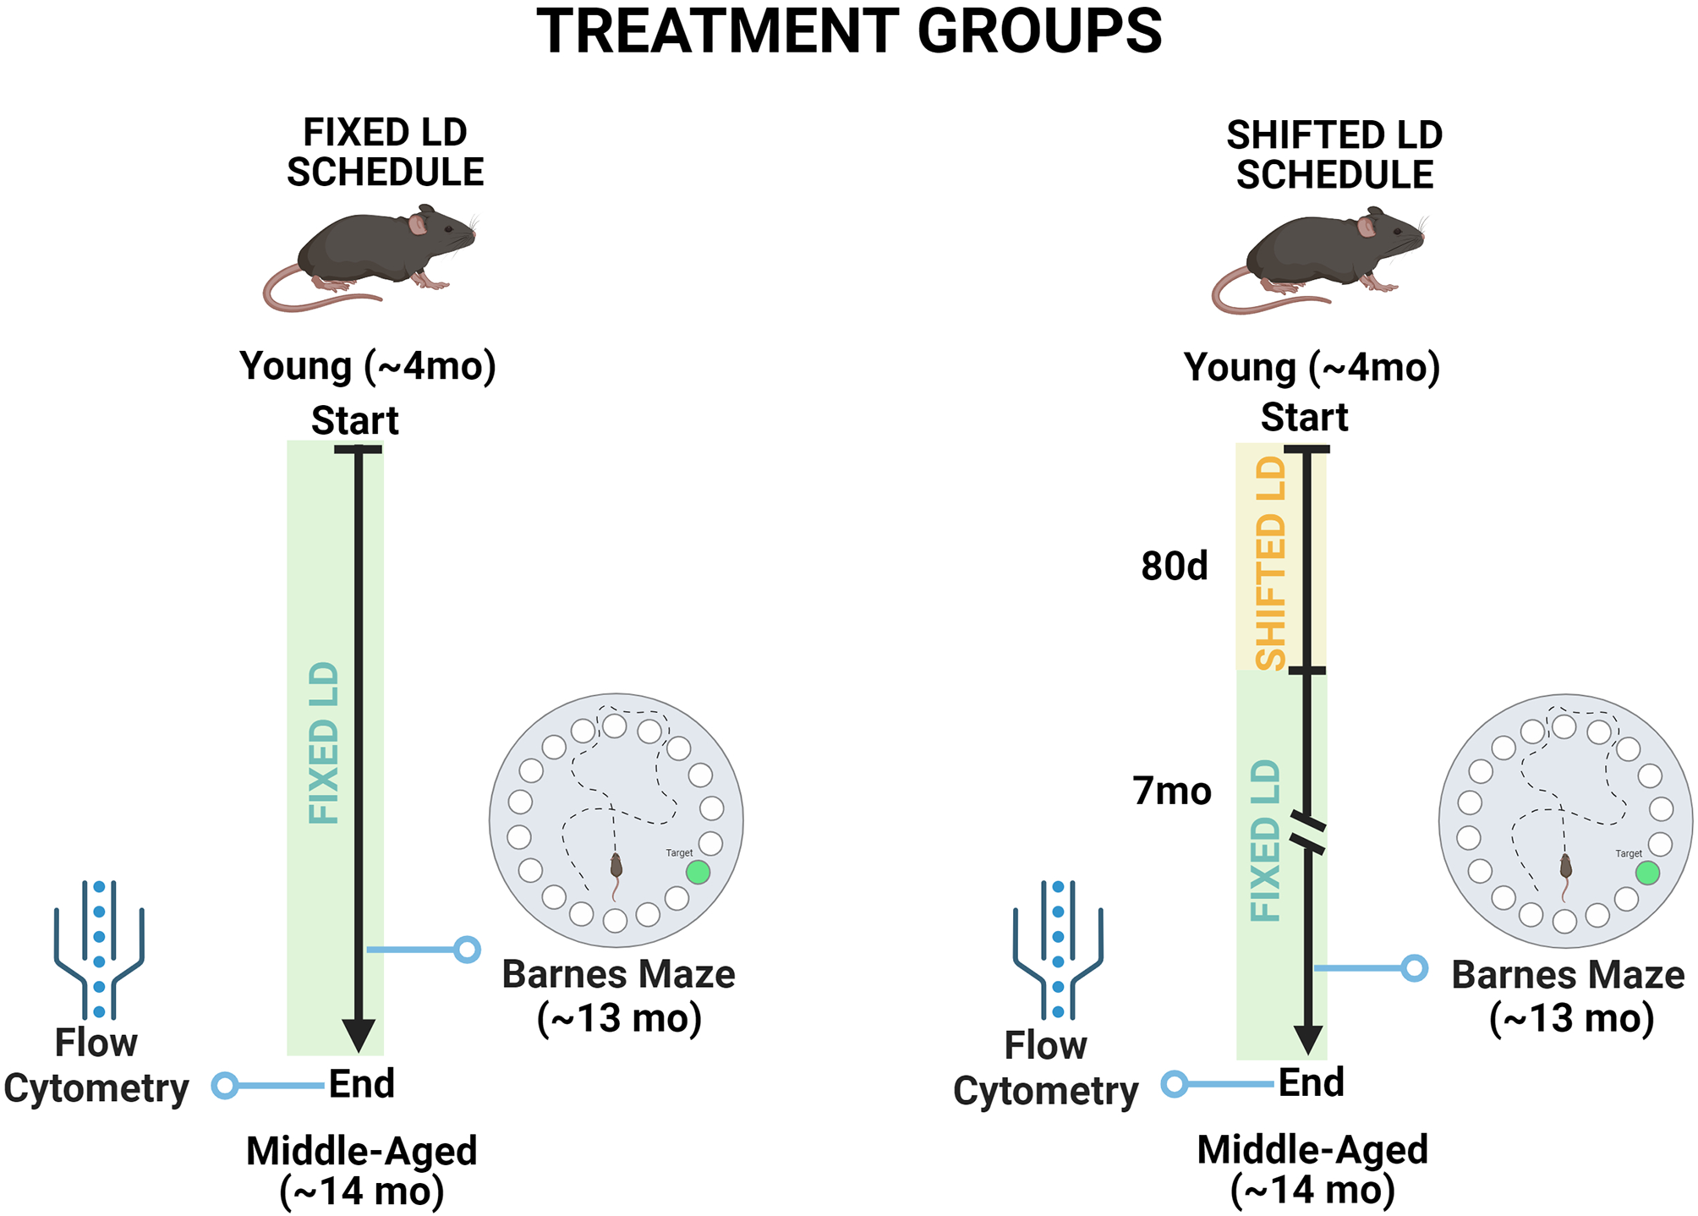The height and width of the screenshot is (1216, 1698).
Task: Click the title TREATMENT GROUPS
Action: point(849,32)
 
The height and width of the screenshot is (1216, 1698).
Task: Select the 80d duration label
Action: point(1174,566)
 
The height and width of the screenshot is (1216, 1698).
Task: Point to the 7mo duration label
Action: point(1172,791)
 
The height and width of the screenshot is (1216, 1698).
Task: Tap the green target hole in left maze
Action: point(698,873)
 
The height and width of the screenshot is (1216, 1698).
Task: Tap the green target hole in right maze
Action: point(1647,873)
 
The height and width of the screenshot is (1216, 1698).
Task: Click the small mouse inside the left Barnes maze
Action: point(616,868)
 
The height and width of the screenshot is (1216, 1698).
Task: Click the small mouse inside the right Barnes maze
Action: point(1566,868)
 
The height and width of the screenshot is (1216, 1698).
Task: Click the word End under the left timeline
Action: point(361,1084)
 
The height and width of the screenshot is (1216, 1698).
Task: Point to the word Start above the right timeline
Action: point(1304,418)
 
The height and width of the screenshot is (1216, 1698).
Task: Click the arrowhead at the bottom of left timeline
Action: point(359,1034)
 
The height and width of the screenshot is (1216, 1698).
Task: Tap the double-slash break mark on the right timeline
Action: point(1307,833)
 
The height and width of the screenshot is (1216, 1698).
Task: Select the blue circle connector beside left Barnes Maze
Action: point(467,950)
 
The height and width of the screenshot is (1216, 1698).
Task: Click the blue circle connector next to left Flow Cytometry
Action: point(225,1085)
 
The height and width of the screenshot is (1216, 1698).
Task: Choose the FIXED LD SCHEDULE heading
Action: point(385,153)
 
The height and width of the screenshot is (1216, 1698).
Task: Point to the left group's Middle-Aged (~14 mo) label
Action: point(362,1171)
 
